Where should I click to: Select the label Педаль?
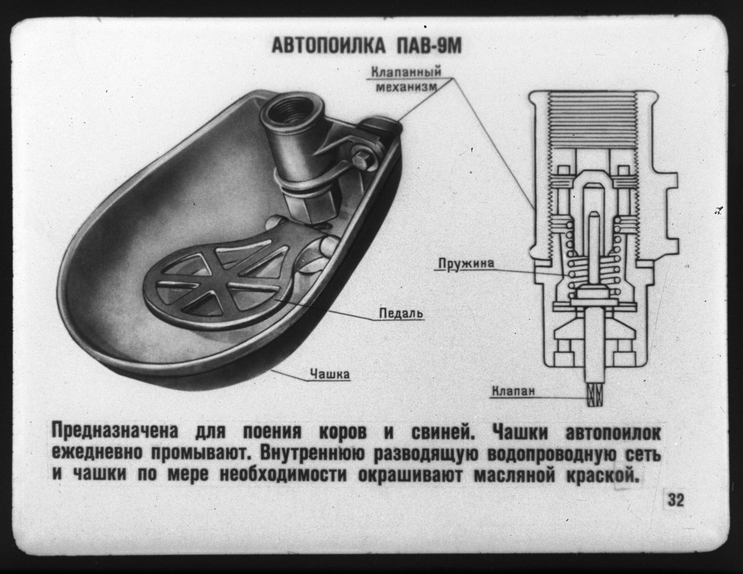pyautogui.click(x=401, y=314)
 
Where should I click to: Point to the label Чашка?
pyautogui.click(x=330, y=374)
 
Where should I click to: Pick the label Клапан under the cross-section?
pyautogui.click(x=513, y=392)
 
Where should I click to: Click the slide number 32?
pyautogui.click(x=676, y=500)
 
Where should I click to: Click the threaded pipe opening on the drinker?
pyautogui.click(x=285, y=112)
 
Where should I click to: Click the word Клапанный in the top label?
pyautogui.click(x=406, y=72)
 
